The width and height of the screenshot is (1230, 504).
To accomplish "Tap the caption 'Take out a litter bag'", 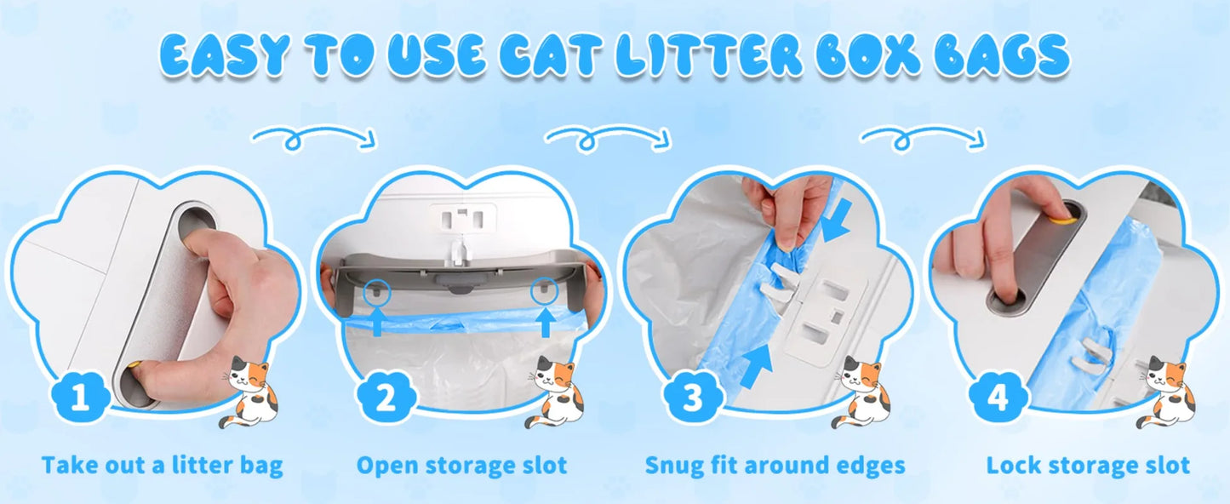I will click(162, 466).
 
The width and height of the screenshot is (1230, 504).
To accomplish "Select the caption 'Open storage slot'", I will click(461, 466).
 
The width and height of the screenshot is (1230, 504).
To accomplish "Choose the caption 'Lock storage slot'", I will click(1088, 466).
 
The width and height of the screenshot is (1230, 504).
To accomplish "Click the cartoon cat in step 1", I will click(249, 392).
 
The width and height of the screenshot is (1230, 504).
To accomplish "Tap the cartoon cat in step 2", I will click(555, 392).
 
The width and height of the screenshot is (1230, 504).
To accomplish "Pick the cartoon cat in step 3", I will click(861, 392).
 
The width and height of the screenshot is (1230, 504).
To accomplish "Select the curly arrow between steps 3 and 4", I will click(923, 137).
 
